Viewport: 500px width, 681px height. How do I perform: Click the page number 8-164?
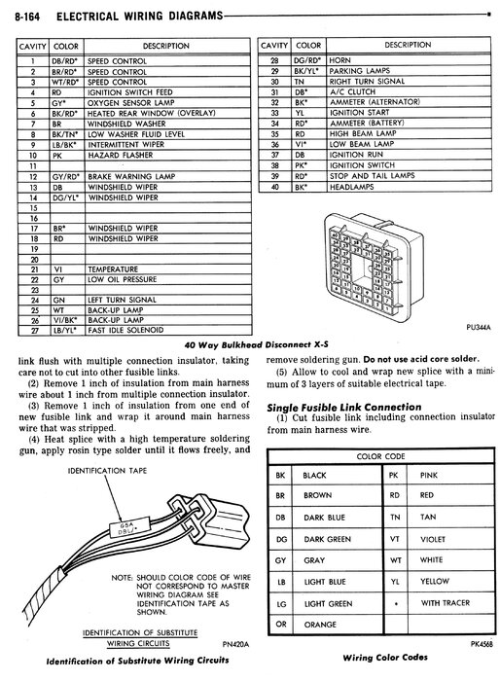pyautogui.click(x=27, y=17)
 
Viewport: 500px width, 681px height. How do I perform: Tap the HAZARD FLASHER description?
pyautogui.click(x=121, y=155)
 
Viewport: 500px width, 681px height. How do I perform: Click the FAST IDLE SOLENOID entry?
pyautogui.click(x=125, y=330)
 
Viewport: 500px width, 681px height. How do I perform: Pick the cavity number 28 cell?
pyautogui.click(x=274, y=60)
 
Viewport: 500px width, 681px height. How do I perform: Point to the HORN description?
pyautogui.click(x=339, y=60)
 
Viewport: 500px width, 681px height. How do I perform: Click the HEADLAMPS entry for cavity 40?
pyautogui.click(x=351, y=187)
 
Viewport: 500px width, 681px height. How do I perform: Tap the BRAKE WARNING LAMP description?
pyautogui.click(x=131, y=177)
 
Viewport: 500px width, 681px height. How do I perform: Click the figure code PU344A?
pyautogui.click(x=479, y=328)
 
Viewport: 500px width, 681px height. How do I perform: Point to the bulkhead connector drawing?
pyautogui.click(x=374, y=267)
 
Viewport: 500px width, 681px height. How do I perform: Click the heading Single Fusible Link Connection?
pyautogui.click(x=344, y=408)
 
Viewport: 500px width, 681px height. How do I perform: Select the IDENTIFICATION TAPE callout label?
pyautogui.click(x=107, y=471)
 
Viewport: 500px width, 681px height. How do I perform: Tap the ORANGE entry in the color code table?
pyautogui.click(x=320, y=625)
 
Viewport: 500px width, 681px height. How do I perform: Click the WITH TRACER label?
pyautogui.click(x=446, y=603)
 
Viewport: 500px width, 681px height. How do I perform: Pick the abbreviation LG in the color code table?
pyautogui.click(x=281, y=603)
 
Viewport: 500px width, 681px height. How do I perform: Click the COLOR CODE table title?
pyautogui.click(x=380, y=456)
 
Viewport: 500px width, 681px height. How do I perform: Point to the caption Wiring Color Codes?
pyautogui.click(x=385, y=658)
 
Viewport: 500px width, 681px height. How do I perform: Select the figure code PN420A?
pyautogui.click(x=235, y=644)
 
